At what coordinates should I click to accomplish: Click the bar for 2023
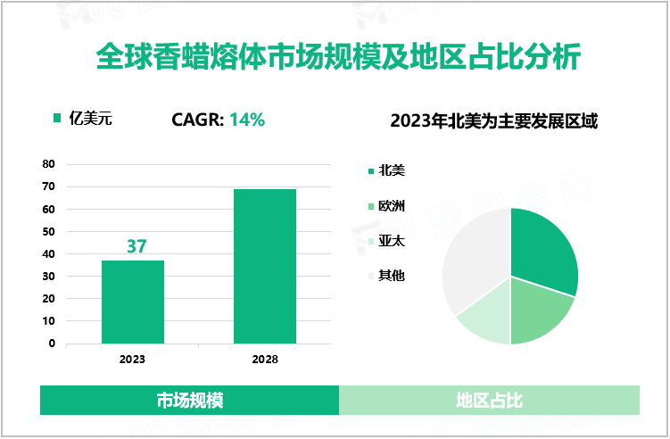click(133, 302)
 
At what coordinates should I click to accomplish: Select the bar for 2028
click(265, 266)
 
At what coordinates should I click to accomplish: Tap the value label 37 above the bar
click(136, 246)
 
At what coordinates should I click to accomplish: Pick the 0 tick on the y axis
click(52, 343)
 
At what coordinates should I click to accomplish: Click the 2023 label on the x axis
click(133, 360)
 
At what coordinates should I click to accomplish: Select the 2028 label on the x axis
click(265, 360)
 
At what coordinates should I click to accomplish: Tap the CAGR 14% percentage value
click(247, 120)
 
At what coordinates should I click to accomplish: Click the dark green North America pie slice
click(542, 250)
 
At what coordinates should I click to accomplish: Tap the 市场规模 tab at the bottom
click(189, 401)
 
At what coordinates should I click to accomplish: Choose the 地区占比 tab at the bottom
click(489, 401)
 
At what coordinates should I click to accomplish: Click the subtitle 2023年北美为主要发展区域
click(493, 120)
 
